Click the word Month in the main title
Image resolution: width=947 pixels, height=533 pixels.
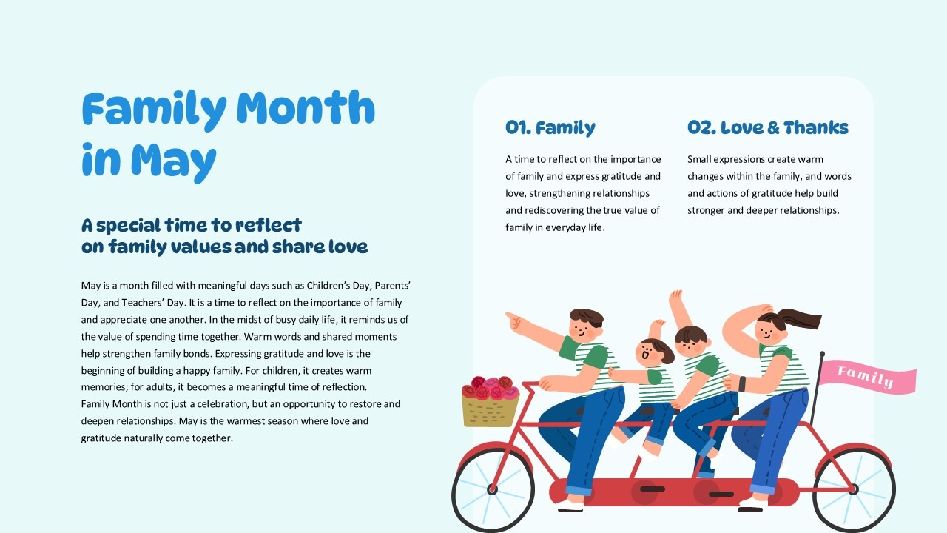306,108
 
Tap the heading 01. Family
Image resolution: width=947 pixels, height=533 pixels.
550,128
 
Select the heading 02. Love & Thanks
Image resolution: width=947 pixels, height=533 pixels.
768,127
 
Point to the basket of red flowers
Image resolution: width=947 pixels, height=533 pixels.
491,401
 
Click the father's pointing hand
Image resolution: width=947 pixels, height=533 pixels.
514,321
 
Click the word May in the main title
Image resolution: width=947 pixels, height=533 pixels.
173,162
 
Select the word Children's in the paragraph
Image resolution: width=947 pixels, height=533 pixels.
328,286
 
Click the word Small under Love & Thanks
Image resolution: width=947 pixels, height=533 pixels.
699,159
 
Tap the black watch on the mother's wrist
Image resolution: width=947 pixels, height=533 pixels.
742,383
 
